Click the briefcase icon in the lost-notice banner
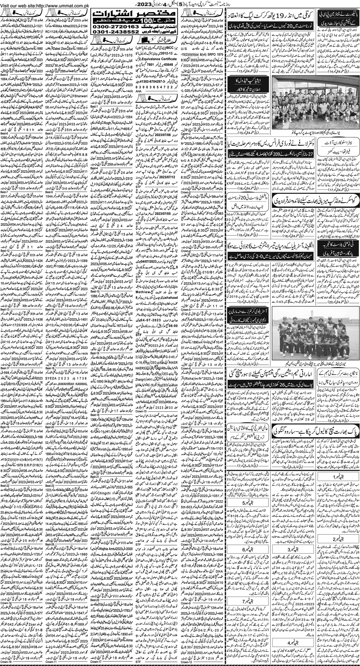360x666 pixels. tap(143, 38)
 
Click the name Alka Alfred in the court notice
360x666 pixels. tap(66, 24)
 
